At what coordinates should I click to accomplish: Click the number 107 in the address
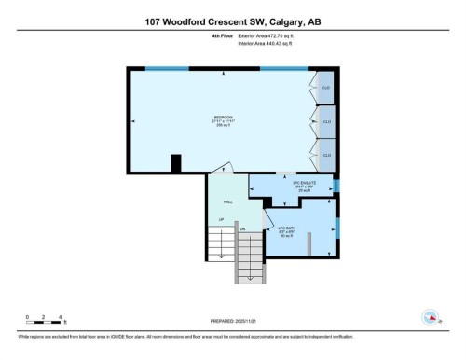click(x=158, y=22)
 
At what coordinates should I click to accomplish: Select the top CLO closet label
click(x=326, y=88)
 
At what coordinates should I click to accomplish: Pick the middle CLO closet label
click(x=326, y=121)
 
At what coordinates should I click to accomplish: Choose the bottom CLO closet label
click(x=326, y=155)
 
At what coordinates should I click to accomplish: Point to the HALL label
click(x=227, y=201)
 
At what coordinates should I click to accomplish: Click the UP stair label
click(x=221, y=220)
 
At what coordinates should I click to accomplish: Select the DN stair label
click(x=241, y=228)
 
